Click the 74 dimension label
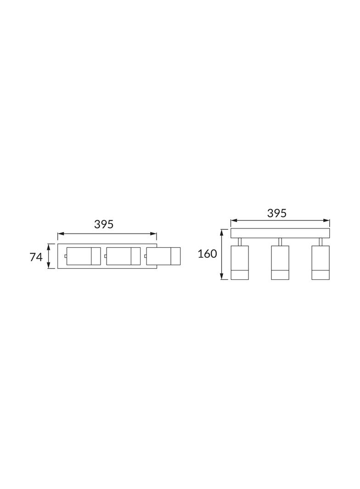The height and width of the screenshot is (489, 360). (36, 257)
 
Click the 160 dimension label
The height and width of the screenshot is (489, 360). (207, 254)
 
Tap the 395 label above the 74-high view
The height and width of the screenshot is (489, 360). (104, 224)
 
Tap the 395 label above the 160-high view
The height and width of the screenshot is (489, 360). (276, 213)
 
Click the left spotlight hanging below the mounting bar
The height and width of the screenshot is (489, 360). (240, 262)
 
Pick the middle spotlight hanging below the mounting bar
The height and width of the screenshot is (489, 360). (280, 262)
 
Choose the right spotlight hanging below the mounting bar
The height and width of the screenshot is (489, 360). (321, 262)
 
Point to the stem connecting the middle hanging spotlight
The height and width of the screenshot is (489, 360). (280, 242)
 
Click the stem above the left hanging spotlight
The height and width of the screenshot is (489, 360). (240, 242)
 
